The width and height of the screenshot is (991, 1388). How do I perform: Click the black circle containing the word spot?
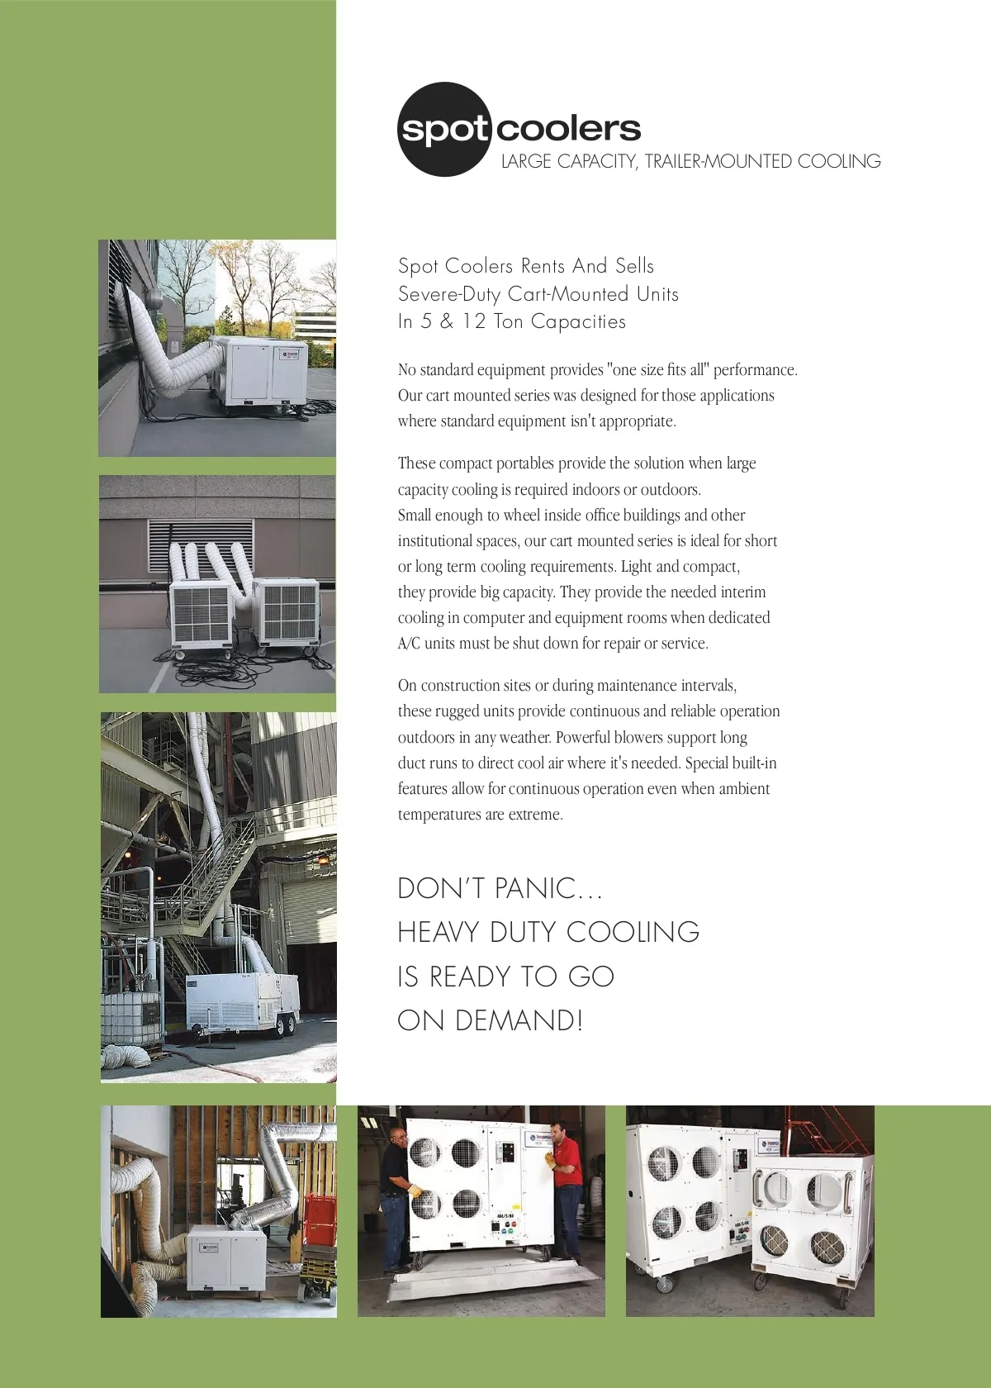tap(444, 130)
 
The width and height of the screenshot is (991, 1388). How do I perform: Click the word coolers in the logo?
tap(569, 128)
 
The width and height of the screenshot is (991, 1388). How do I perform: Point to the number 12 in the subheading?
tap(473, 321)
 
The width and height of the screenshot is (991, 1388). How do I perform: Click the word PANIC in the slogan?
tap(534, 888)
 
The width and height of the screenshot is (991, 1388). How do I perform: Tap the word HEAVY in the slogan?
tap(438, 932)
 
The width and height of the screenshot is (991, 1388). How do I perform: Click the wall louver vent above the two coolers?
tap(201, 544)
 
